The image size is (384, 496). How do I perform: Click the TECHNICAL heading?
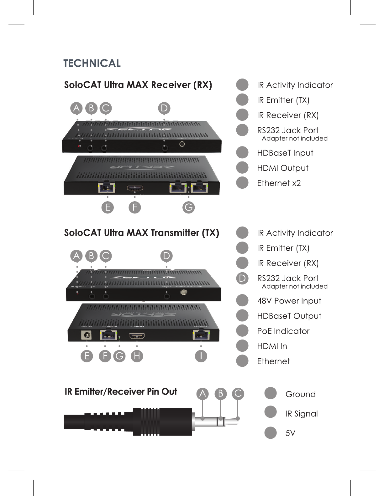[x=92, y=63]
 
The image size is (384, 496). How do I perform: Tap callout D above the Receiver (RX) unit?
[x=164, y=108]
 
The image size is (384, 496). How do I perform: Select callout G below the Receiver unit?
[x=188, y=207]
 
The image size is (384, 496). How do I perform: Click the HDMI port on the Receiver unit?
[x=135, y=188]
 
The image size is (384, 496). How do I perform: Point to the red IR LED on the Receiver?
[x=79, y=146]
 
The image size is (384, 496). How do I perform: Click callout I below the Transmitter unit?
[x=201, y=356]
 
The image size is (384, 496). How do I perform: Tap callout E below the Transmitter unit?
[x=87, y=356]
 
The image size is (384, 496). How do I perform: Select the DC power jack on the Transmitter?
[x=86, y=335]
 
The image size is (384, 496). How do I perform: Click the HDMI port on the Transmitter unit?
[x=137, y=336]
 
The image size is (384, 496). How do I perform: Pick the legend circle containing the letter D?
[x=242, y=278]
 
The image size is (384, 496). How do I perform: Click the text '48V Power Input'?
[x=289, y=301]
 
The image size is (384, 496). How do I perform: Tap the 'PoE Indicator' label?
[x=283, y=331]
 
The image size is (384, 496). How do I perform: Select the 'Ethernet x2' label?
[x=279, y=183]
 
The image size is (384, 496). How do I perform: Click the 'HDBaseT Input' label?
[x=285, y=153]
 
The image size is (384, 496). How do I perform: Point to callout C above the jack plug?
[x=238, y=394]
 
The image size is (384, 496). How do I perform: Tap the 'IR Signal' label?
[x=302, y=414]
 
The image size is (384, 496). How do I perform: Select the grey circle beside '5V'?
[x=271, y=433]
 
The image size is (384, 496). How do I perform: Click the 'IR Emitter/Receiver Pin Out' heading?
[x=121, y=392]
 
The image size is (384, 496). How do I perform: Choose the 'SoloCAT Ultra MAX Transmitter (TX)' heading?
[x=141, y=233]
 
